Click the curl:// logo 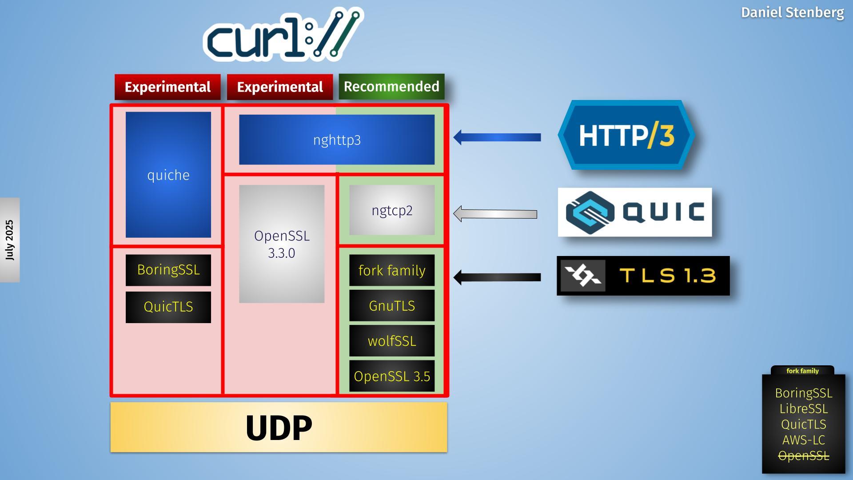tap(283, 35)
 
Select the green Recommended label tap(391, 87)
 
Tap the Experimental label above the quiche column tap(167, 87)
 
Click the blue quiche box tap(168, 175)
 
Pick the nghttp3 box tap(337, 140)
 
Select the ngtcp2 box tap(392, 210)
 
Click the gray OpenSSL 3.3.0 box tap(282, 244)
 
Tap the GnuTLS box tap(392, 306)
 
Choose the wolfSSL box tap(392, 341)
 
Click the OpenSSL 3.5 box tap(392, 376)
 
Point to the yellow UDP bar tap(279, 428)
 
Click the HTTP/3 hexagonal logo tap(626, 135)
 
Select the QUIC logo tap(635, 212)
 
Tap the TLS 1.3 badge tap(643, 276)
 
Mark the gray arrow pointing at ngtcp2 tap(495, 214)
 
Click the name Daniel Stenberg tap(792, 12)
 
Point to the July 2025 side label tap(10, 240)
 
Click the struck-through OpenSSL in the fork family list tap(803, 456)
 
